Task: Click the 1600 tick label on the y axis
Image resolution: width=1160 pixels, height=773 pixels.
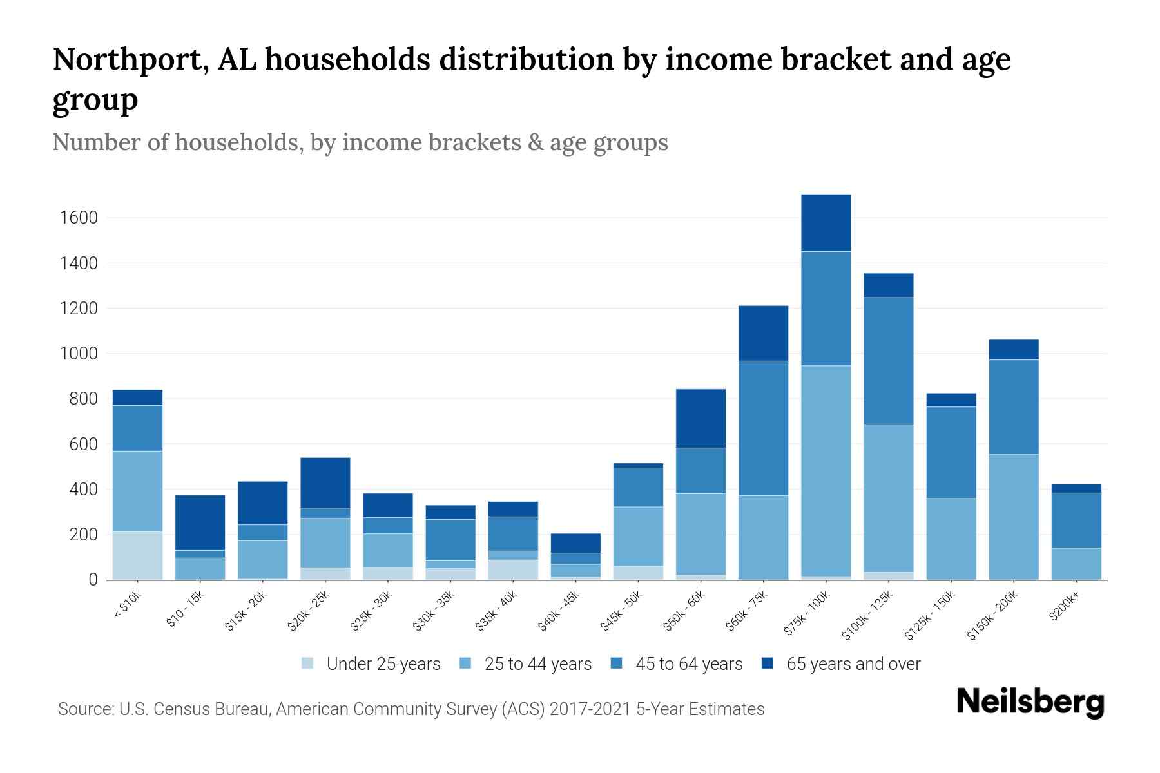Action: click(x=79, y=218)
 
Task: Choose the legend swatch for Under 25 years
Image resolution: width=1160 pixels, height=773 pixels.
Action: click(x=308, y=663)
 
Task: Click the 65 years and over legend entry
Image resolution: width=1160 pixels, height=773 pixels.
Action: click(x=853, y=663)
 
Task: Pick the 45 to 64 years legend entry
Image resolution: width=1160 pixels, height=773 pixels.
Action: click(x=688, y=663)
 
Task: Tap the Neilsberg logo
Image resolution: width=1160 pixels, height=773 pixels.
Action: click(x=1030, y=702)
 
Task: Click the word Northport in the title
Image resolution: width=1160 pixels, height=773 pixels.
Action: click(x=126, y=60)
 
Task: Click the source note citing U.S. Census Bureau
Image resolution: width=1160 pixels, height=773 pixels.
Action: click(x=411, y=709)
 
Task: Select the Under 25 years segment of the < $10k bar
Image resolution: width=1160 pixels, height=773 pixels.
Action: click(x=137, y=555)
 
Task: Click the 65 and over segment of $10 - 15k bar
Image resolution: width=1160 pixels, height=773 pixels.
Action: click(x=200, y=522)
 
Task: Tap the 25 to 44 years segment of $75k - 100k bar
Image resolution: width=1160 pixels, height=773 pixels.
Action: click(x=826, y=471)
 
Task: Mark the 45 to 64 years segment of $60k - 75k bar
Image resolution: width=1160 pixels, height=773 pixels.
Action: click(x=763, y=428)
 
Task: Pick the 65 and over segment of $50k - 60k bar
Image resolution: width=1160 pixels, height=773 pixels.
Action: click(x=701, y=418)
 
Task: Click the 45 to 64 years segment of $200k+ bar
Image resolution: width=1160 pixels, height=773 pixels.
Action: click(x=1076, y=520)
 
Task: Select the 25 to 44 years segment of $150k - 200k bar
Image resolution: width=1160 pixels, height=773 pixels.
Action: click(x=1013, y=517)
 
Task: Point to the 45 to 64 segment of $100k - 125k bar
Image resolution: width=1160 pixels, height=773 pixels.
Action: click(x=888, y=361)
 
